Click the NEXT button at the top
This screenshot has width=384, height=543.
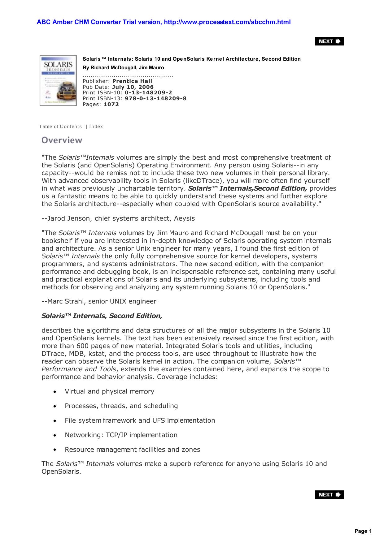(329, 41)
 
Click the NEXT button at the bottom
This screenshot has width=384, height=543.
(329, 494)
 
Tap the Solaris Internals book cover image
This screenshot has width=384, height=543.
(58, 80)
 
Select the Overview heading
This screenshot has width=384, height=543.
(62, 140)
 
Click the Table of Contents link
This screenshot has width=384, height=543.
(60, 127)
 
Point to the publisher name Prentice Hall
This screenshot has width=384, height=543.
(132, 81)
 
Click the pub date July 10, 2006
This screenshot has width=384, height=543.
(133, 87)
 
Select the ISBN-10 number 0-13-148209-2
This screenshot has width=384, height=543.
(148, 93)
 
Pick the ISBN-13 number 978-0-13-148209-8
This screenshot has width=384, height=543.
(155, 98)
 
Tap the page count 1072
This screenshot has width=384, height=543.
(111, 104)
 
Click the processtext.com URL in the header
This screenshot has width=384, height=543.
(227, 22)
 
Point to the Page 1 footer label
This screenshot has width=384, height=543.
(363, 531)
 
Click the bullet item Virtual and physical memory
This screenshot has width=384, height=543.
(109, 391)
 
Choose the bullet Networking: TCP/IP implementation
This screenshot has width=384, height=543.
(121, 435)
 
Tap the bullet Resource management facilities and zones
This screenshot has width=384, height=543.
(132, 450)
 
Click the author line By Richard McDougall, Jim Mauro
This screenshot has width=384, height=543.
(123, 67)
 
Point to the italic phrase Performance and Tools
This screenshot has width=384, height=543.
(79, 369)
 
